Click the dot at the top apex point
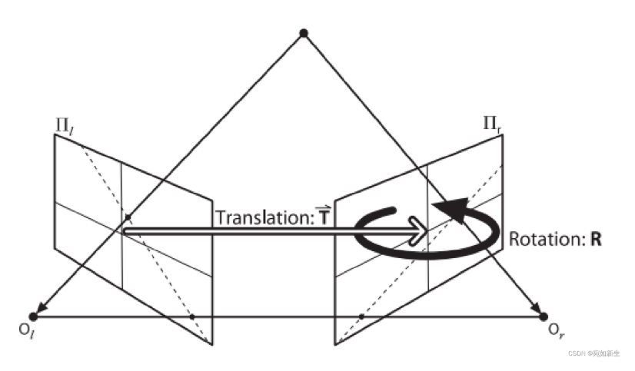pos(304,32)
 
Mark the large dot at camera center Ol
pos(32,316)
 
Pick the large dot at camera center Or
pos(544,316)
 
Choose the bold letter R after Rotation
pos(595,239)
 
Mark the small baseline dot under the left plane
pos(192,316)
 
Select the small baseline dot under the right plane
pos(361,316)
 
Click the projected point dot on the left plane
pos(128,217)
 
